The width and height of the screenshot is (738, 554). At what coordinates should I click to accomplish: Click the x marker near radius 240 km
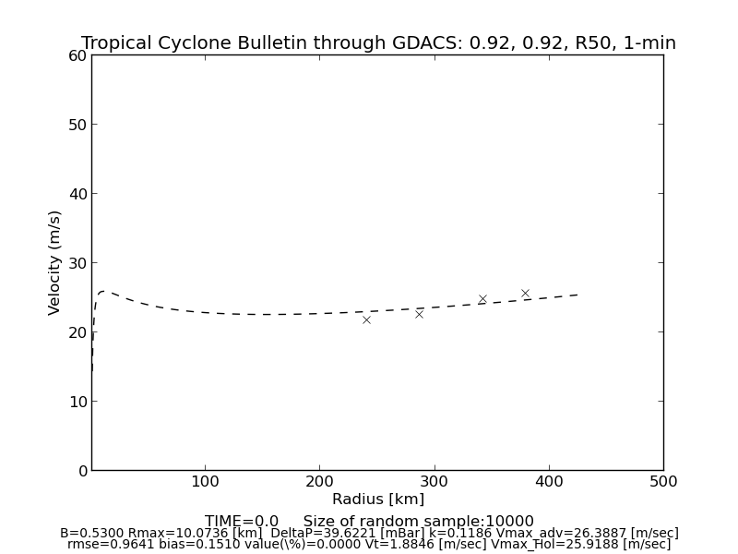point(366,319)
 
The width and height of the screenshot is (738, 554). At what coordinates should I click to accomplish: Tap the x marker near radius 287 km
point(419,314)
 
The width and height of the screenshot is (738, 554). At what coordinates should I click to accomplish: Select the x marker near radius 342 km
point(482,299)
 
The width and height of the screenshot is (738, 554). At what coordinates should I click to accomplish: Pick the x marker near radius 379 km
point(525,294)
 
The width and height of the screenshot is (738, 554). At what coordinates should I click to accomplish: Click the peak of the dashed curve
point(103,291)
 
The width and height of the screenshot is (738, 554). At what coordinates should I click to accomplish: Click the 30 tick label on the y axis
point(77,263)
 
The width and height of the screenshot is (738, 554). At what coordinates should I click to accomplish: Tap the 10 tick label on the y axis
point(77,402)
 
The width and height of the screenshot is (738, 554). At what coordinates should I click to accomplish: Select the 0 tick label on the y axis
point(81,471)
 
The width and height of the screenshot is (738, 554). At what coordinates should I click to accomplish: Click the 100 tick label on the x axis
point(205,481)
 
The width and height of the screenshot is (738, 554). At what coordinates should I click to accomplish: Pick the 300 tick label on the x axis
point(434,481)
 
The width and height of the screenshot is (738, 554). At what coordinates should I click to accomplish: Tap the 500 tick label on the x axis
point(663,481)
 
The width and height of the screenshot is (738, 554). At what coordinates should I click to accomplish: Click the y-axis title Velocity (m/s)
point(55,262)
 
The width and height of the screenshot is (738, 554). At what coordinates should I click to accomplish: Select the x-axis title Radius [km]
point(378,500)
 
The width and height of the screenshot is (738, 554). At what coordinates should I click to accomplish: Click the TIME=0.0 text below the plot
point(242,522)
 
